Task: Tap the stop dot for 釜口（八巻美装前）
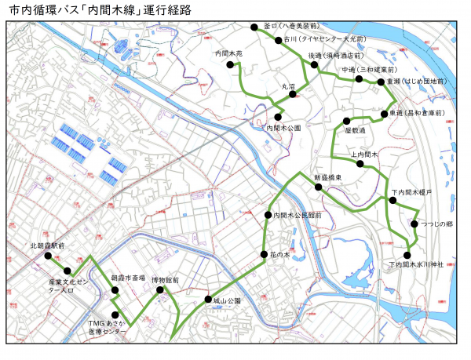[x=254, y=27]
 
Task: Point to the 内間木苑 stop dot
[x=232, y=65]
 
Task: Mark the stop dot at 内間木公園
[x=278, y=117]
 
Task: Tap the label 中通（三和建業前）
[x=369, y=70]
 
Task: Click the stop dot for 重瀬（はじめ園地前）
[x=381, y=82]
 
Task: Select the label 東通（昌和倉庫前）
[x=417, y=114]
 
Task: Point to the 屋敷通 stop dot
[x=344, y=120]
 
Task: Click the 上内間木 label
[x=365, y=155]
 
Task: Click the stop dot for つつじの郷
[x=414, y=224]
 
